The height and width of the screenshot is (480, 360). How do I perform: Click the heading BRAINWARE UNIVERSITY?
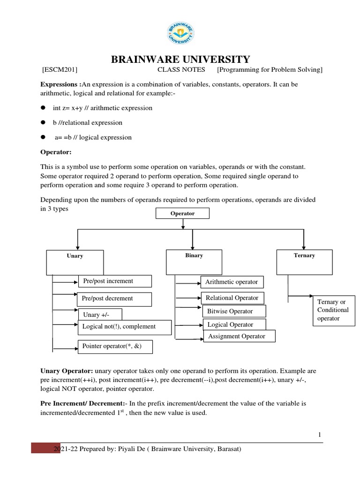[180, 60]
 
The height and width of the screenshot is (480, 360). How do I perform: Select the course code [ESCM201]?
[60, 70]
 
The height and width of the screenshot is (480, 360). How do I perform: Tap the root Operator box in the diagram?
[182, 214]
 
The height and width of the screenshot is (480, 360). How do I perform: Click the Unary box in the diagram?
[75, 262]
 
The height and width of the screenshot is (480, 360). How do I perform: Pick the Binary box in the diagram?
[194, 262]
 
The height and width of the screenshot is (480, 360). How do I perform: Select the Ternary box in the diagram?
[305, 262]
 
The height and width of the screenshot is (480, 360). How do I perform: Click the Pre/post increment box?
[115, 281]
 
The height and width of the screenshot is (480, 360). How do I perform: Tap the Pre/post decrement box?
[114, 299]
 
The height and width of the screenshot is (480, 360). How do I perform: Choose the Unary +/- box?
[100, 314]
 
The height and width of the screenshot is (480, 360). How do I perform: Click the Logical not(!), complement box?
[124, 327]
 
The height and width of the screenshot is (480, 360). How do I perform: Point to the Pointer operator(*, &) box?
[115, 347]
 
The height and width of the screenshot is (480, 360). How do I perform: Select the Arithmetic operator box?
[232, 282]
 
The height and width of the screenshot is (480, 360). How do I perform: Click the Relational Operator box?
[232, 298]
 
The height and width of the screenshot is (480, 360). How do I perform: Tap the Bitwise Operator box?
[234, 311]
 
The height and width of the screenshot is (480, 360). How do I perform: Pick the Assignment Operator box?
[239, 336]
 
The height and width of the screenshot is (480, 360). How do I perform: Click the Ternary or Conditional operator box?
[333, 310]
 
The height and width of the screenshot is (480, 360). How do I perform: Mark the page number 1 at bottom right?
[320, 435]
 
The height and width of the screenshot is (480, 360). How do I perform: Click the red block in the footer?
[43, 448]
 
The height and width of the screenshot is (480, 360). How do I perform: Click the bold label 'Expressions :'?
[60, 84]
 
